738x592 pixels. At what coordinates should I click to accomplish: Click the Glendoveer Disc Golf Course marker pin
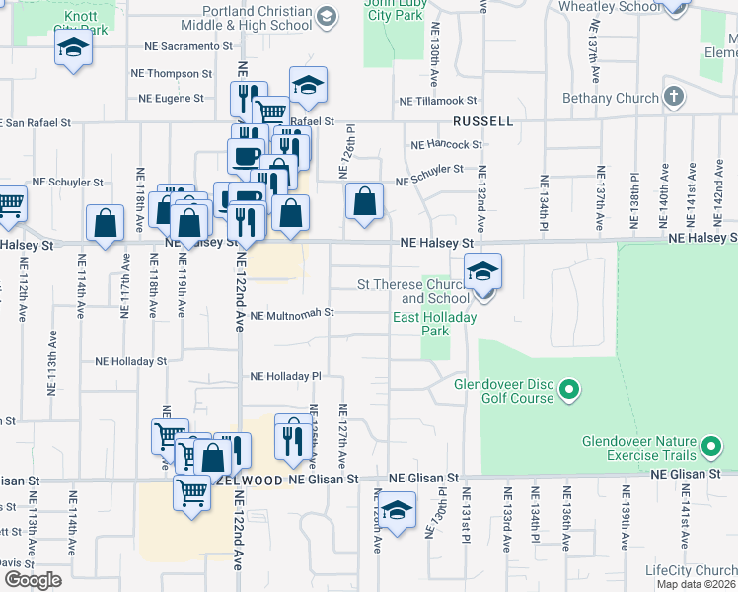click(568, 392)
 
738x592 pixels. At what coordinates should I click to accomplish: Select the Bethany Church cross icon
click(674, 98)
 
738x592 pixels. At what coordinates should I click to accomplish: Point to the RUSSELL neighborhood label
click(482, 121)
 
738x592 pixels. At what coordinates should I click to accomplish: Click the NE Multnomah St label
click(293, 315)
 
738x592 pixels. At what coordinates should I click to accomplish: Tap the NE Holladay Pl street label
click(286, 376)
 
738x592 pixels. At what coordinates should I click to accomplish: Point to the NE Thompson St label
click(172, 73)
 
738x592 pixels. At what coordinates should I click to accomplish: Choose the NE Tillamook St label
click(438, 101)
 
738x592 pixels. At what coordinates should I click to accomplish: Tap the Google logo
click(33, 580)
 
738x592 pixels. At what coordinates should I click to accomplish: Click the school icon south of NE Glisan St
click(398, 512)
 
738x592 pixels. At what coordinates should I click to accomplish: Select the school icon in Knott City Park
click(74, 48)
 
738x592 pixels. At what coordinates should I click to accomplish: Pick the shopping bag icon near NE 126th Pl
click(364, 202)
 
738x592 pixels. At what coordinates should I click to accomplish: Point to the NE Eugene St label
click(171, 99)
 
